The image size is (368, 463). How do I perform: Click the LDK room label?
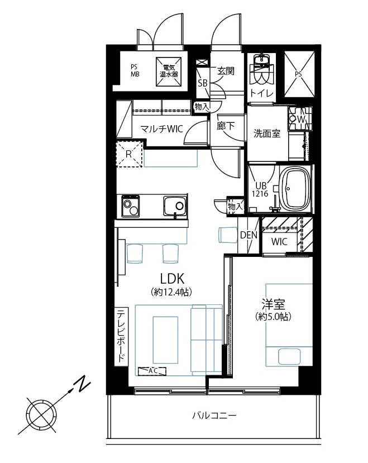172,279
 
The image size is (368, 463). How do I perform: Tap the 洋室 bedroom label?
273,304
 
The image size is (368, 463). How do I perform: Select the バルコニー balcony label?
214,416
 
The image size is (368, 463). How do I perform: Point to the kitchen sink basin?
175,206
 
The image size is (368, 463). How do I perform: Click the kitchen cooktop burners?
130,207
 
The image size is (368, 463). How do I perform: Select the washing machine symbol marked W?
300,119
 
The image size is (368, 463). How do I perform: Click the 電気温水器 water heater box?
169,71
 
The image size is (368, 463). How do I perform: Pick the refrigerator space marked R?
130,154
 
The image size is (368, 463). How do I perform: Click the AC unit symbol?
152,371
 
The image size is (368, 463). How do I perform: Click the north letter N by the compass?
81,384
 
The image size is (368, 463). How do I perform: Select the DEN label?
248,235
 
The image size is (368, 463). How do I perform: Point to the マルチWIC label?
161,129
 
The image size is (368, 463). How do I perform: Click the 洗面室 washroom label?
267,134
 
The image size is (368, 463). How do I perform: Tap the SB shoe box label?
203,83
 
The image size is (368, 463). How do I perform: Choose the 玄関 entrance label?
226,71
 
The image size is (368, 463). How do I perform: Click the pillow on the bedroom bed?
290,356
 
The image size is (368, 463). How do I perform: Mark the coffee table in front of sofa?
165,340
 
